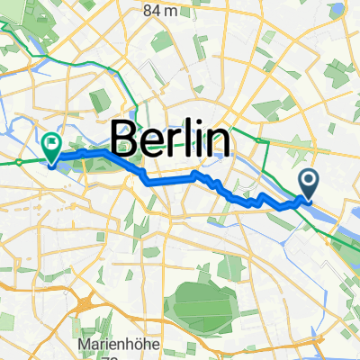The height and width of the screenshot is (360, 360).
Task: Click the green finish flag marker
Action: [x=51, y=144]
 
